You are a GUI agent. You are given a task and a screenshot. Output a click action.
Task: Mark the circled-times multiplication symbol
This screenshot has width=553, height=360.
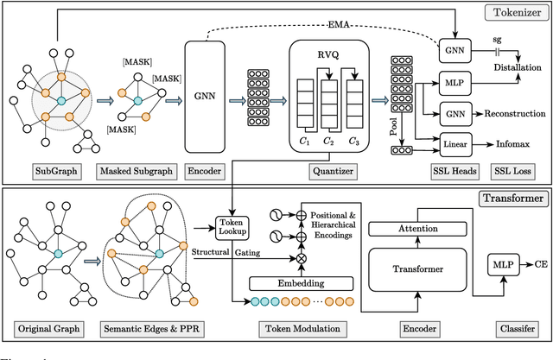pos(278,257)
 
